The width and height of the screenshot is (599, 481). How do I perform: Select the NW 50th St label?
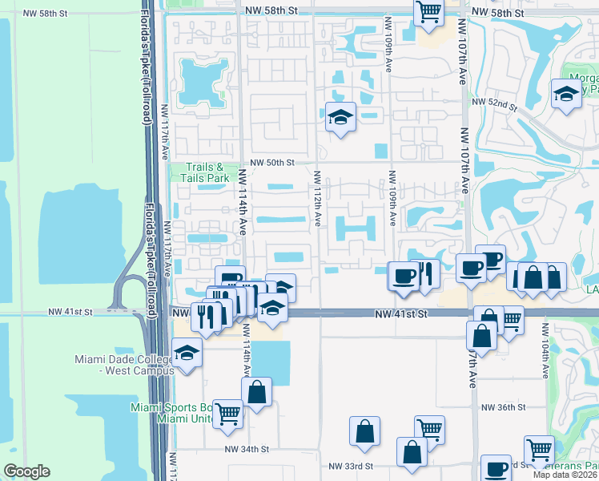coord(272,162)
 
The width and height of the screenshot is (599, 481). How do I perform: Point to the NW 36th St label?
coord(503,407)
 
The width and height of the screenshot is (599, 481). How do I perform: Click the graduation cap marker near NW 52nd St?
coord(340,118)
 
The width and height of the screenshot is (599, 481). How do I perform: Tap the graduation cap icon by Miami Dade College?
coord(187,354)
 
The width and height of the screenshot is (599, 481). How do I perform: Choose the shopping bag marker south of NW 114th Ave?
coord(257,393)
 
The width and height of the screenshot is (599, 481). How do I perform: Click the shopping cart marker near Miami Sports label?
coord(228,413)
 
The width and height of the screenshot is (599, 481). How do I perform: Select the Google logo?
coord(26,471)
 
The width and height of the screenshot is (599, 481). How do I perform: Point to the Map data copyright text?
coord(566,475)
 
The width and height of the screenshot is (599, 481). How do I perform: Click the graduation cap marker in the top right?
coord(566,92)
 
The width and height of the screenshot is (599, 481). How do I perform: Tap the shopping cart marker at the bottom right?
coord(539,450)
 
